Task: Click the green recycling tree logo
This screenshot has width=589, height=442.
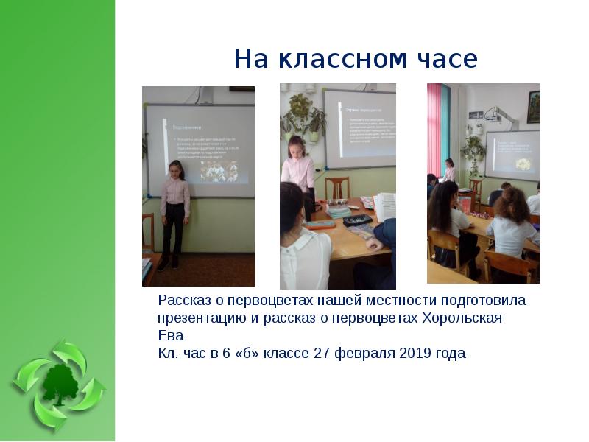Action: point(58,385)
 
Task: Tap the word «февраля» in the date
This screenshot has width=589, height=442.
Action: point(366,353)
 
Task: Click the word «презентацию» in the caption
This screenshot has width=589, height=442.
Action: point(200,318)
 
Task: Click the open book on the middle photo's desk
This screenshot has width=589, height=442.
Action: point(384,206)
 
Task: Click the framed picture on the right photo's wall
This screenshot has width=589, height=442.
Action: point(533,106)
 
